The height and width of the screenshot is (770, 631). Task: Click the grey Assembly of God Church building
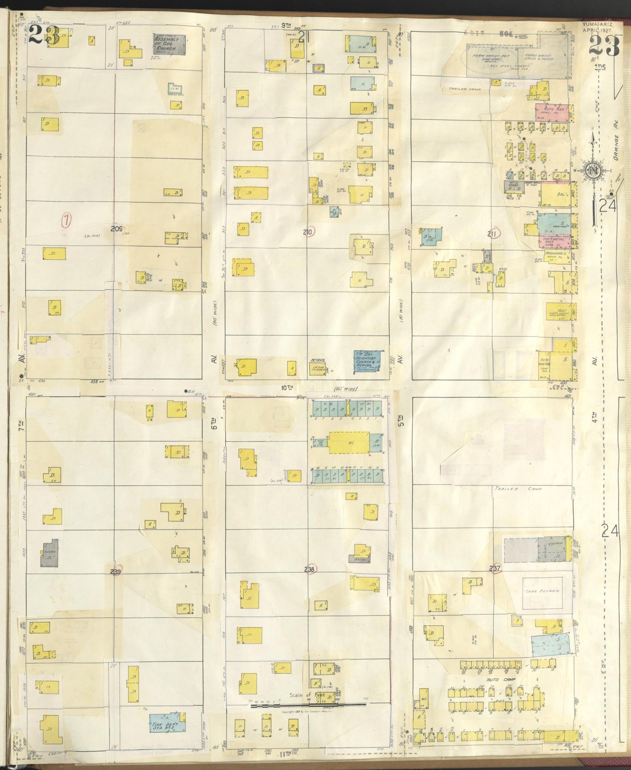[x=169, y=45]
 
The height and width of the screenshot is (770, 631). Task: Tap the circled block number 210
[x=309, y=232]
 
